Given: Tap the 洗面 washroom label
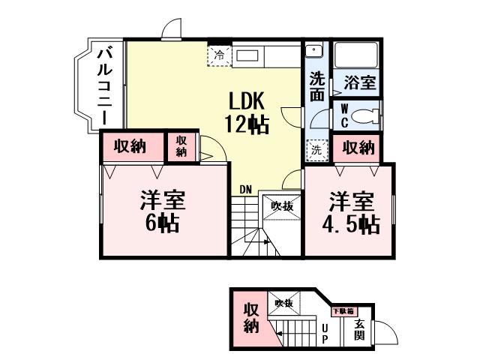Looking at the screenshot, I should [x=317, y=85].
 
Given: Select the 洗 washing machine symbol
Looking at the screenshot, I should [x=316, y=149].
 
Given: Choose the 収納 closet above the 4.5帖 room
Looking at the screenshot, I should [x=358, y=148].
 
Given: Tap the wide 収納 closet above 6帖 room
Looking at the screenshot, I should [x=130, y=146].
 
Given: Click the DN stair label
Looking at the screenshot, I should [x=245, y=189].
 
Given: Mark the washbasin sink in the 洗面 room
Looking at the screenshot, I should [x=314, y=51].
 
